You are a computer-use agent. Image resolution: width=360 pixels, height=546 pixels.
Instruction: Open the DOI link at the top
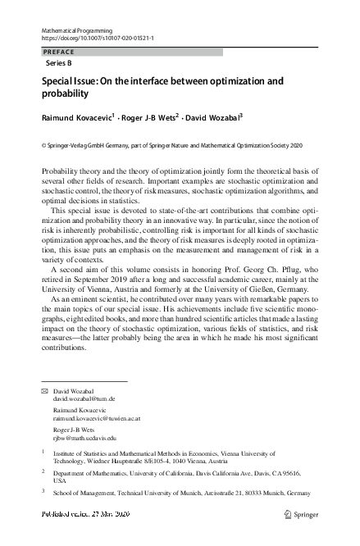[x=98, y=39]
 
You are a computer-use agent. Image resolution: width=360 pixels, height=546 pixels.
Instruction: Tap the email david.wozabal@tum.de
[x=84, y=398]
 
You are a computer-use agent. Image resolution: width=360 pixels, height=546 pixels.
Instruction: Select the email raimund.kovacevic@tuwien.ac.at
[x=97, y=418]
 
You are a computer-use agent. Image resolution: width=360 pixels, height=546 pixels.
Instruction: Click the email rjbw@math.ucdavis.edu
[x=84, y=438]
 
